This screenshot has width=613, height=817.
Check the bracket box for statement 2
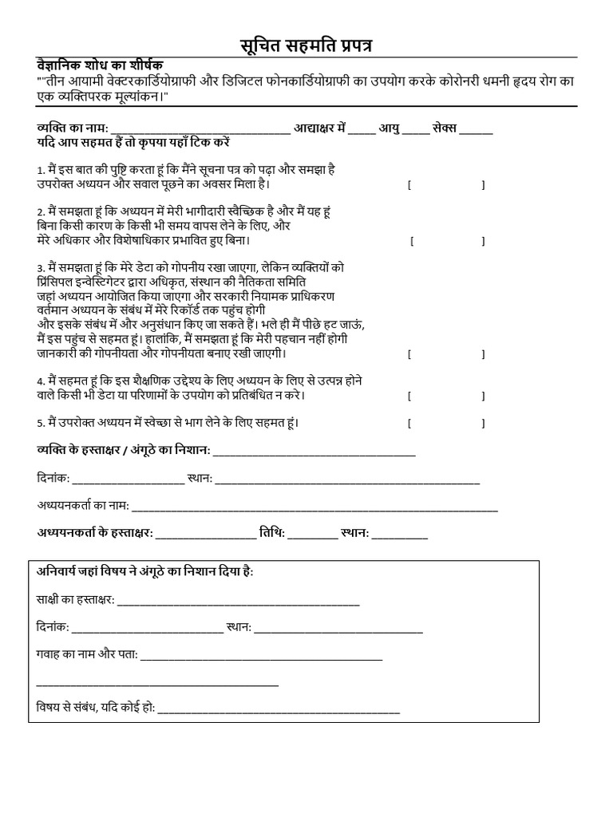pyautogui.click(x=448, y=240)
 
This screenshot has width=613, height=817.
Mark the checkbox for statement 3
pyautogui.click(x=445, y=353)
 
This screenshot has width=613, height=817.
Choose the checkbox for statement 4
pyautogui.click(x=445, y=395)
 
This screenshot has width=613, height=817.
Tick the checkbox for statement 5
pyautogui.click(x=445, y=423)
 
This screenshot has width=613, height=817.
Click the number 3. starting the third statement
pyautogui.click(x=41, y=269)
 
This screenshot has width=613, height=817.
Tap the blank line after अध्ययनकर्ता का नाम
pyautogui.click(x=314, y=507)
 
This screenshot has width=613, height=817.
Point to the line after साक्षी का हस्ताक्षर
pyautogui.click(x=239, y=601)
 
